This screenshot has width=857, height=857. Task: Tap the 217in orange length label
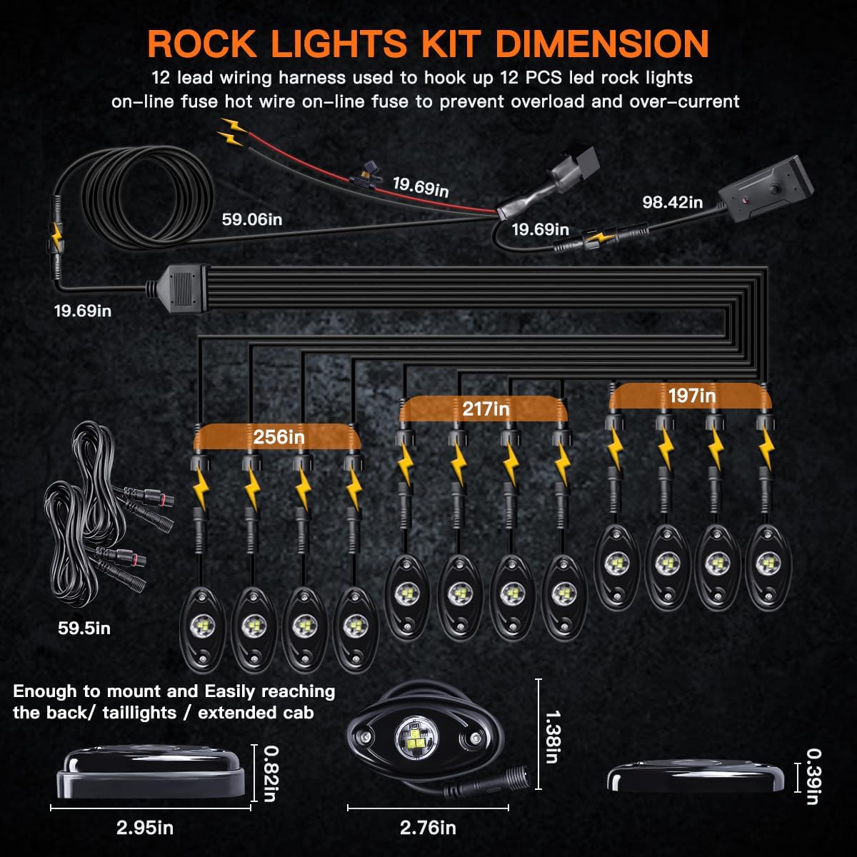click(486, 409)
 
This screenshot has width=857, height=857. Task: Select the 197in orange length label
click(691, 395)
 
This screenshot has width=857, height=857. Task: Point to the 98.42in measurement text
click(672, 202)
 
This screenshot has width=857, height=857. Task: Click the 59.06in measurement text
click(251, 219)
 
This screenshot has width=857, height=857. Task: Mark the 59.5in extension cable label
click(84, 628)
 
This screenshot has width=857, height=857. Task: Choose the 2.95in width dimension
click(145, 828)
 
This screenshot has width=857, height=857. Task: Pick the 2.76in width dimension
click(428, 828)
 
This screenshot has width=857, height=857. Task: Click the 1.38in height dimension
click(551, 736)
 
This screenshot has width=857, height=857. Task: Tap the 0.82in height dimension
click(269, 773)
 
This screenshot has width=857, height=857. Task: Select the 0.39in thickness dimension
click(812, 776)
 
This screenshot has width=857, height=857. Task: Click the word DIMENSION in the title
click(602, 44)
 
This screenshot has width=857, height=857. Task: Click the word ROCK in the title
click(202, 44)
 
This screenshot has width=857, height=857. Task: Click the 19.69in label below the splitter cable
click(83, 311)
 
